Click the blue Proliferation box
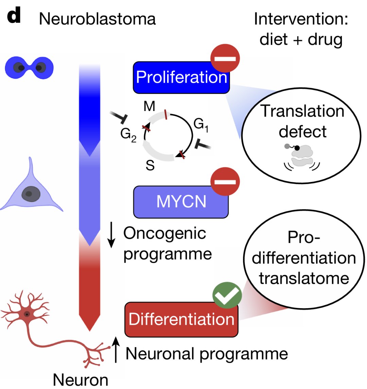181,78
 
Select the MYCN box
181,202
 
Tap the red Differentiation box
181,319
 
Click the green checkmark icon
227,295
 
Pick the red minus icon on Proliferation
225,59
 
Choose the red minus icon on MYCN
225,182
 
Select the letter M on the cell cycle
149,107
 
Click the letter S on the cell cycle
150,166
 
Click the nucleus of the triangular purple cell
31,194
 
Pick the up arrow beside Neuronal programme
116,350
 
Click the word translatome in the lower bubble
304,278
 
